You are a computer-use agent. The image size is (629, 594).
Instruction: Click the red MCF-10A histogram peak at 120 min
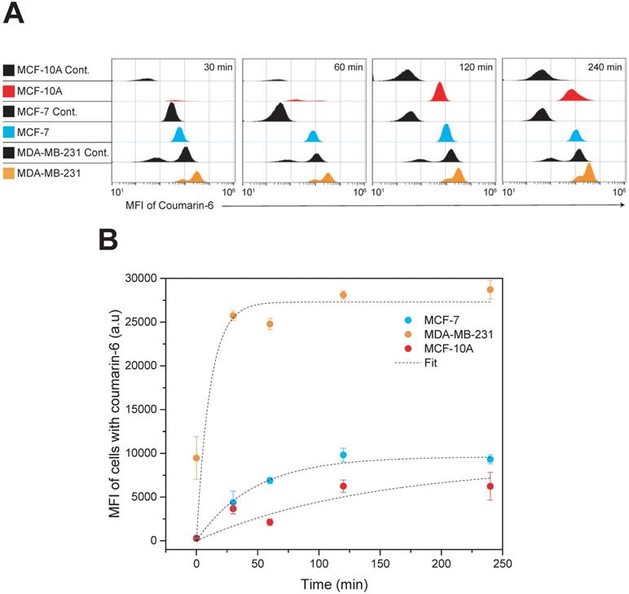point(440,92)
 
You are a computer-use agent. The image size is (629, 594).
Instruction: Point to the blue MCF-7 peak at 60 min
point(312,135)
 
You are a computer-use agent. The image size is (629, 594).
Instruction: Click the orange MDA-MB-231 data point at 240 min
point(490,289)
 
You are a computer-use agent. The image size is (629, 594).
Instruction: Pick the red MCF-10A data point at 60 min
point(270,522)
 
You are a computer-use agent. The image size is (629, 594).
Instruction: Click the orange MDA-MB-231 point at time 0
point(196,458)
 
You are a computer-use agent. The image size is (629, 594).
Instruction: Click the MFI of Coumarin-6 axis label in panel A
point(166,207)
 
